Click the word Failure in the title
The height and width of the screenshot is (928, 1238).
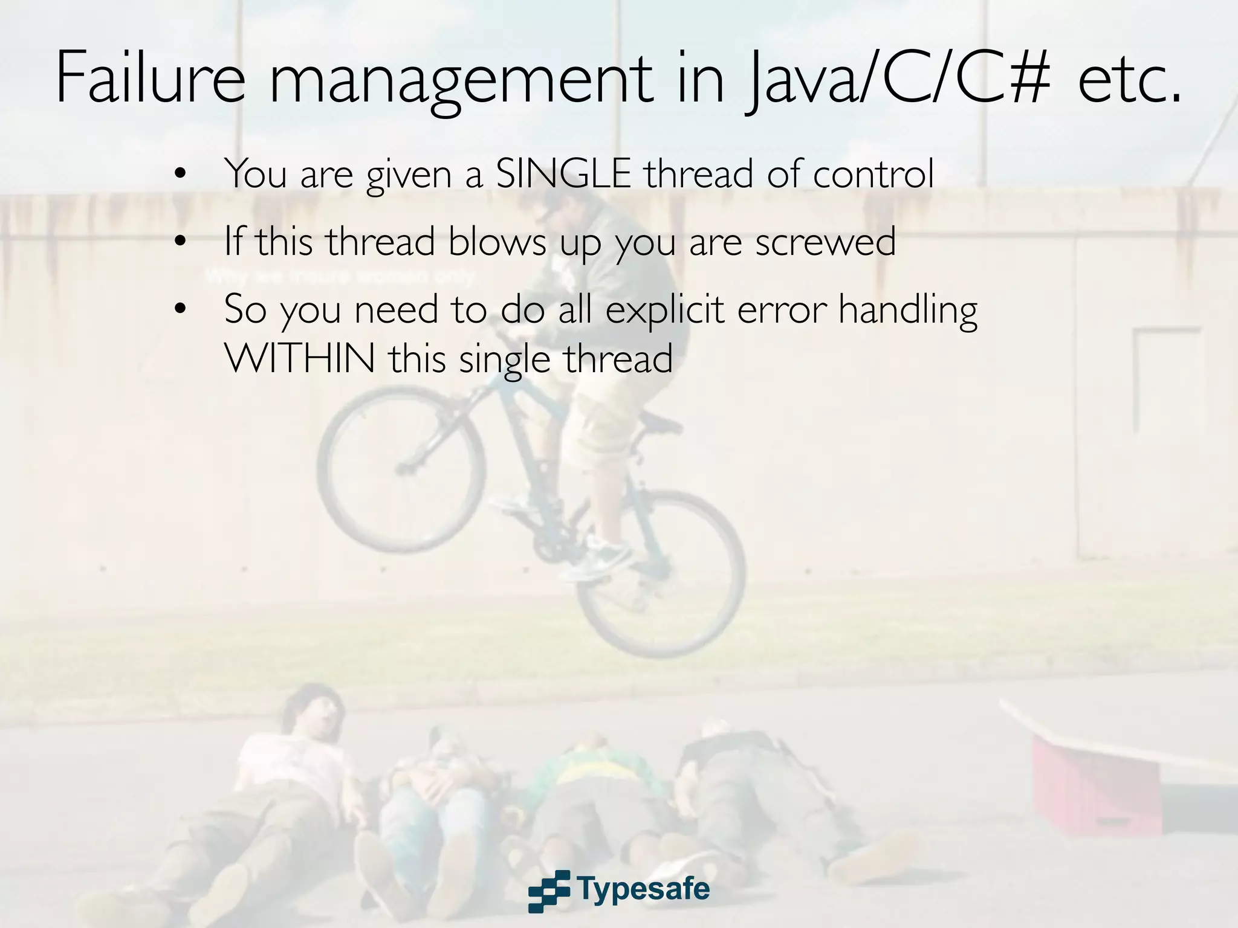click(x=150, y=79)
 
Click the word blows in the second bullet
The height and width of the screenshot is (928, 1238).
click(x=497, y=241)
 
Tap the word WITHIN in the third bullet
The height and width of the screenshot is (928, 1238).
click(x=300, y=358)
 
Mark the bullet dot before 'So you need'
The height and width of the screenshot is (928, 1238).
click(x=180, y=309)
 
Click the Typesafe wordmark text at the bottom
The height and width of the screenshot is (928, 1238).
click(x=643, y=889)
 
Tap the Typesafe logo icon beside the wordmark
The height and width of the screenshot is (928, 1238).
click(x=549, y=891)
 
